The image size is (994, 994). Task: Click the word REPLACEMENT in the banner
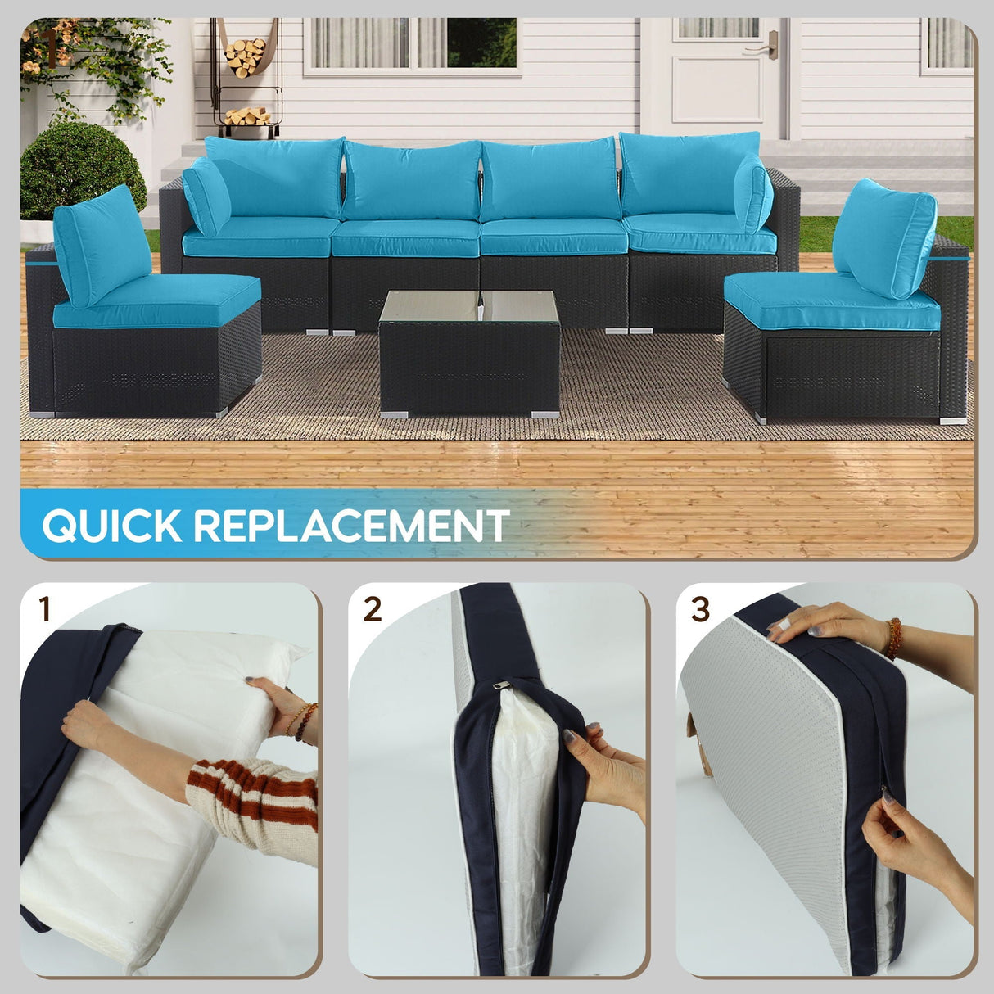tap(351, 526)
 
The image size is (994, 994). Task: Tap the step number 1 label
tap(45, 610)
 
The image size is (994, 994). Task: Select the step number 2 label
tap(373, 610)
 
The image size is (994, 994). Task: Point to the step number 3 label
tap(700, 610)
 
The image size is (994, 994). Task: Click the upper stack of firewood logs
tap(245, 56)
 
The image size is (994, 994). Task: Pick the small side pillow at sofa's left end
tap(206, 197)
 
